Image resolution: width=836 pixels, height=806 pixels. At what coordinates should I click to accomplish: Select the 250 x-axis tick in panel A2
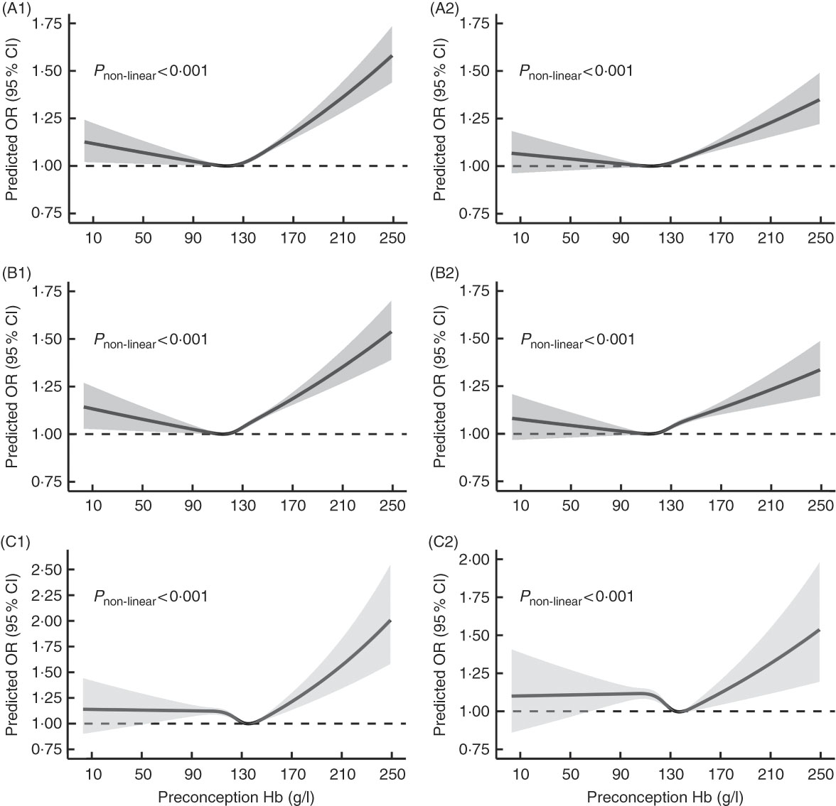coord(820,239)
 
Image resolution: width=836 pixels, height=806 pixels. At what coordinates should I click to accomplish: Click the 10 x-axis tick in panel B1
coord(93,506)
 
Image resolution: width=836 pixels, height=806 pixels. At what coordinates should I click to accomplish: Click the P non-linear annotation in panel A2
coord(577,71)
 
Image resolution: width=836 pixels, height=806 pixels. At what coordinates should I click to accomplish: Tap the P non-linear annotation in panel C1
coord(151,597)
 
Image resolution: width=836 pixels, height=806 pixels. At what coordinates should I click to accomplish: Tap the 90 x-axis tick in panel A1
coord(193,239)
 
